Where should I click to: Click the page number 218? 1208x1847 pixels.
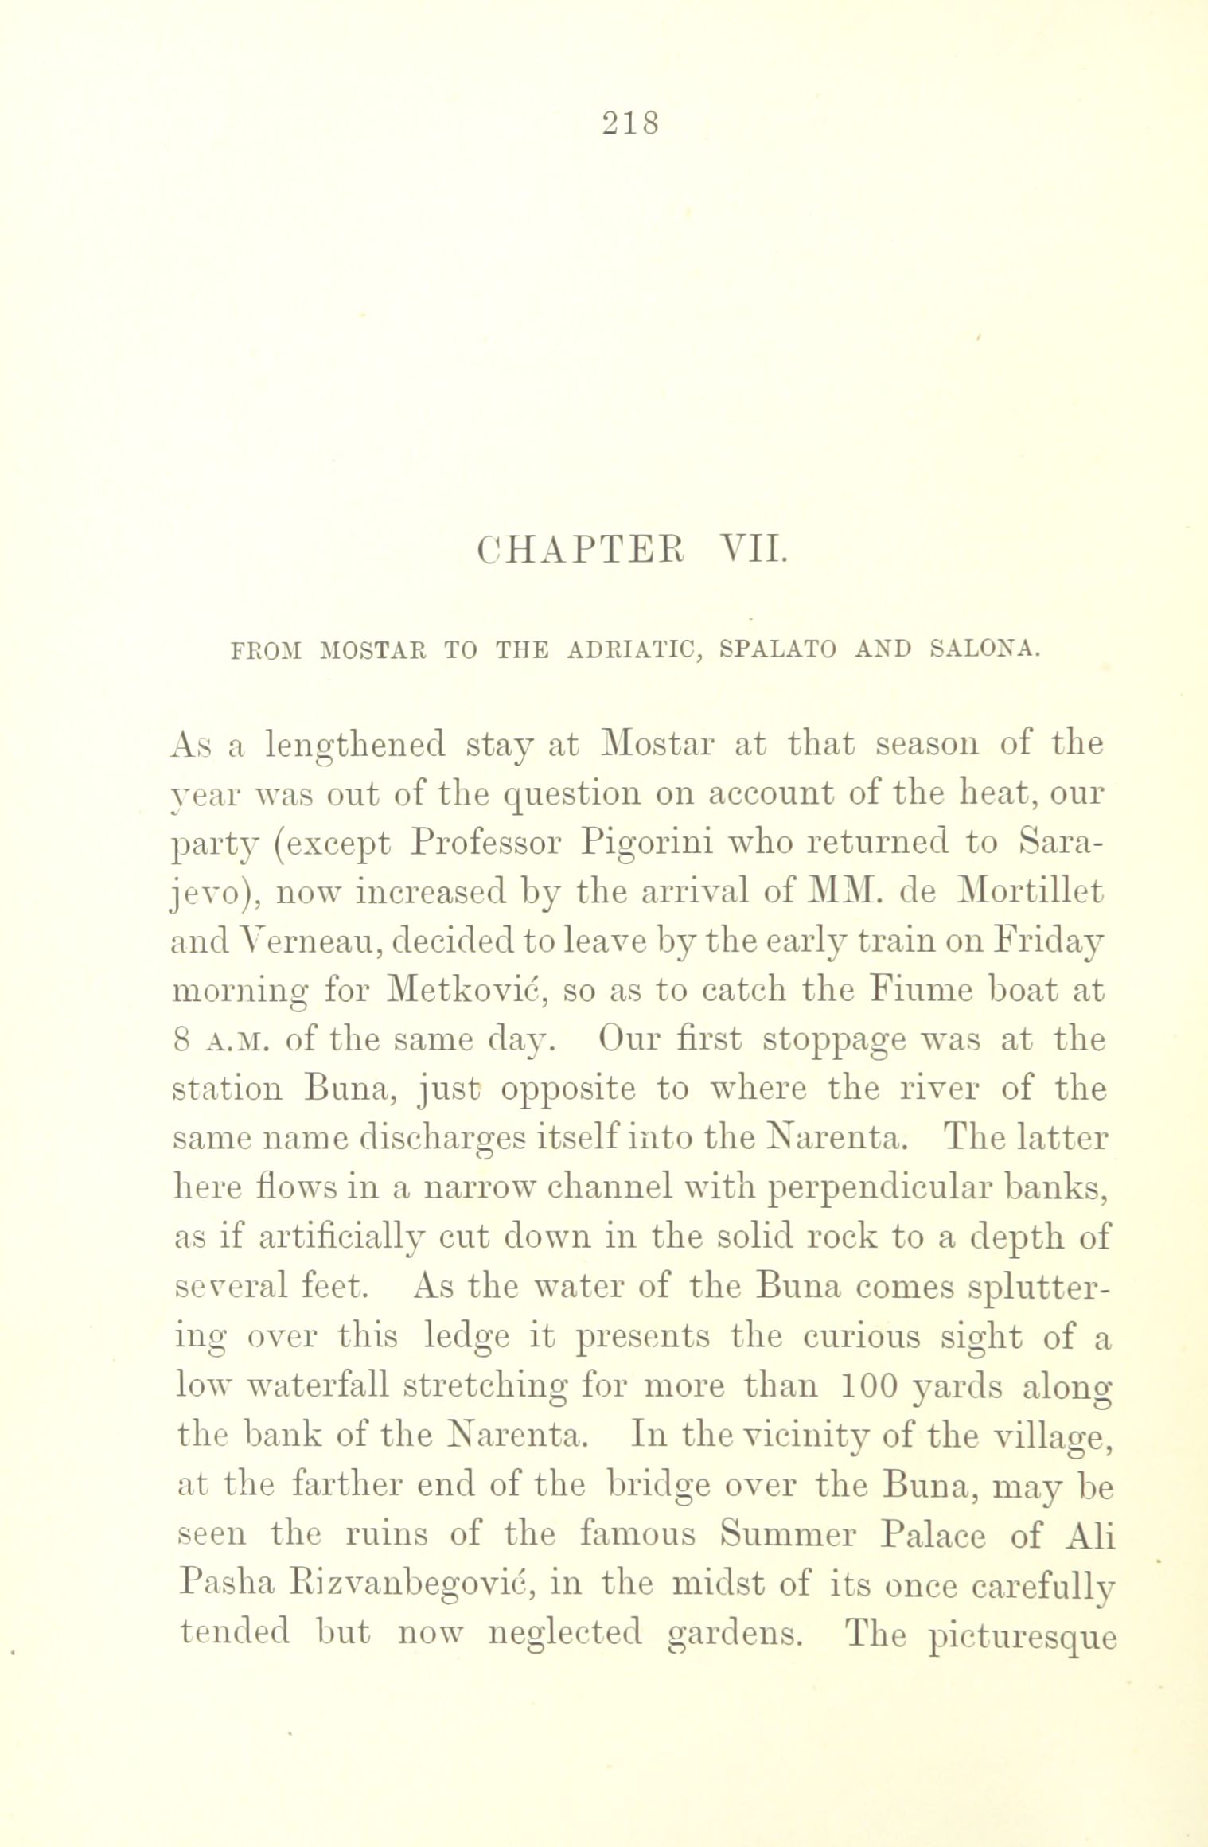(x=630, y=124)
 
